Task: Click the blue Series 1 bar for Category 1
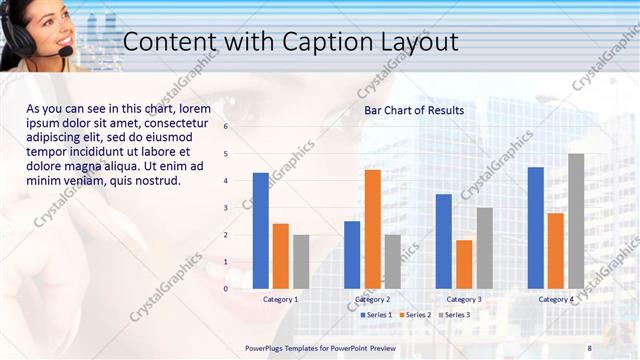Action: (x=261, y=230)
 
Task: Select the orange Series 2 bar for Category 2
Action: (x=372, y=228)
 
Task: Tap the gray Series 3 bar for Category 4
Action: (x=576, y=220)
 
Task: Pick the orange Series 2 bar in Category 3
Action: (x=464, y=263)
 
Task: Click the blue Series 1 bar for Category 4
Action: (x=536, y=227)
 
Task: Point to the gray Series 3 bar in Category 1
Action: (x=301, y=261)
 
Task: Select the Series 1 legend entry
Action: (x=376, y=315)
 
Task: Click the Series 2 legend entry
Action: (x=415, y=315)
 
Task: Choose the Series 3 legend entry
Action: (x=454, y=315)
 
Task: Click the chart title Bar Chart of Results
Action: (x=413, y=110)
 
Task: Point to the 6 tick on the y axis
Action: (x=226, y=127)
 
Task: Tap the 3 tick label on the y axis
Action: (x=226, y=208)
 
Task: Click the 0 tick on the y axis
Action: (x=226, y=288)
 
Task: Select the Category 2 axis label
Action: (x=372, y=299)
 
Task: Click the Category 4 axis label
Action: (x=556, y=299)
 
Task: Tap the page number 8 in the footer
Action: (x=589, y=347)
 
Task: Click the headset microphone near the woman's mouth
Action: (x=65, y=51)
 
